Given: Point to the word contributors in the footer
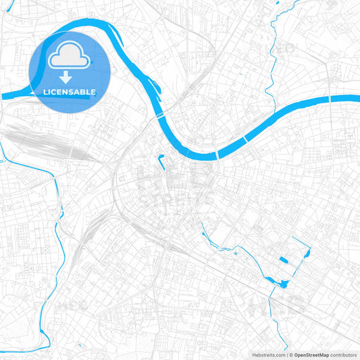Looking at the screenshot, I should tap(343, 354).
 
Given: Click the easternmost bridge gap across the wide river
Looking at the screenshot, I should tap(330, 99).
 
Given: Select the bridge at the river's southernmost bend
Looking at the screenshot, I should tap(217, 155).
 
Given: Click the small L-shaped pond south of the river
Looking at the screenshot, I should tap(162, 162).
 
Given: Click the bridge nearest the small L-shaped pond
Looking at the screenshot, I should tap(161, 116).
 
